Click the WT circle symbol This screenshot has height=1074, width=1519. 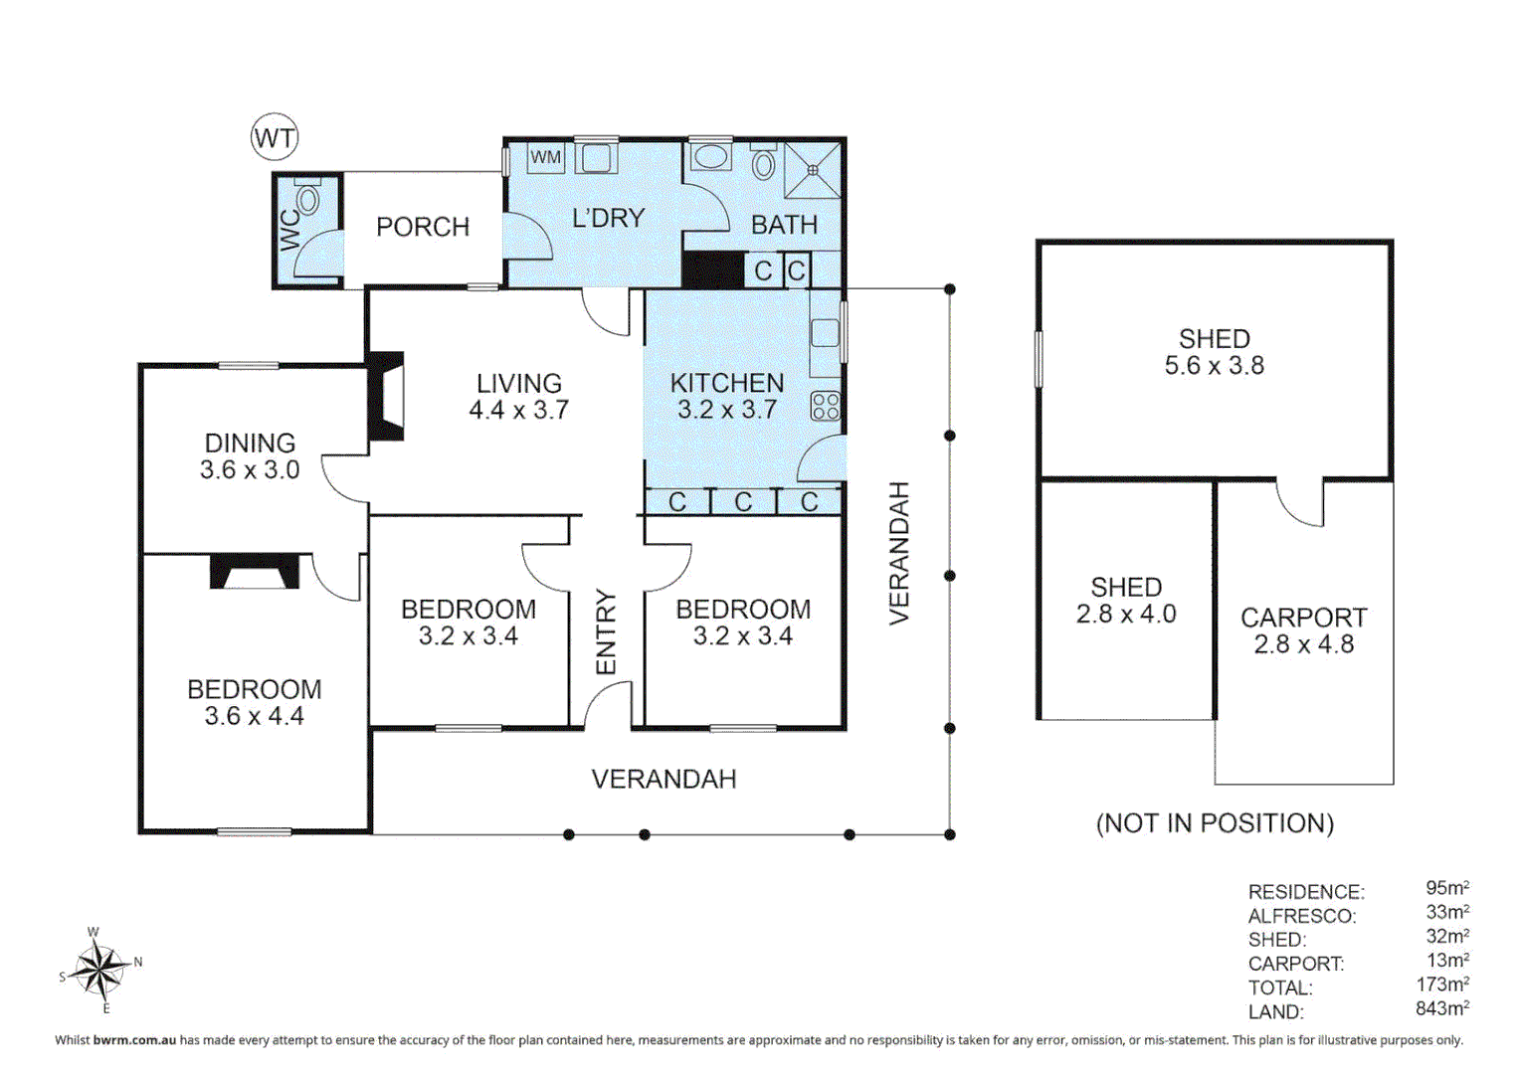(275, 137)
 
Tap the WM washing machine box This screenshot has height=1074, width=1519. (546, 157)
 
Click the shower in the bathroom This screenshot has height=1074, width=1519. (813, 170)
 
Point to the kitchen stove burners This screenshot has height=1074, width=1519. (826, 407)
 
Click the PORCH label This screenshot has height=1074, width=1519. (423, 227)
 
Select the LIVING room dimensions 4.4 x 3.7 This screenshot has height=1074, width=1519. (518, 410)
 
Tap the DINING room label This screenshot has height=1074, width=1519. (251, 444)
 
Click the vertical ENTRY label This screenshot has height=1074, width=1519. (606, 632)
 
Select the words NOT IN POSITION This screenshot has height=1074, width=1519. (1215, 823)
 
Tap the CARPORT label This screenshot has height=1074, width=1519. (1303, 618)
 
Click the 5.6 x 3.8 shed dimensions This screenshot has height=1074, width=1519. (1215, 366)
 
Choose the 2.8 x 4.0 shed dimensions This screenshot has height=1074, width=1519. (1126, 614)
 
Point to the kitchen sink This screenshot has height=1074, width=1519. (826, 333)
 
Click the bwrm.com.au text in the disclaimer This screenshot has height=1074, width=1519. (135, 1039)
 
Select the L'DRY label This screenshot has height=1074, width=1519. (608, 219)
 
